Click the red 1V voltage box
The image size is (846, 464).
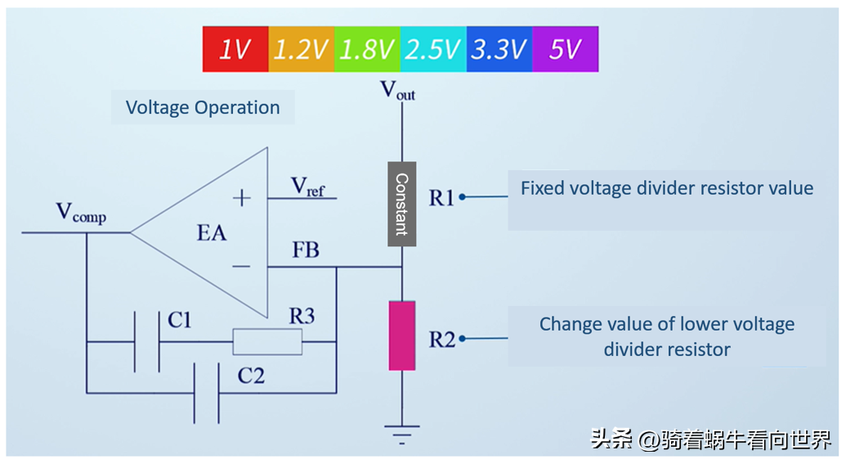tap(235, 49)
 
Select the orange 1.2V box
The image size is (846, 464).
tap(301, 49)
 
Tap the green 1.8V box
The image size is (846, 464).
tap(367, 49)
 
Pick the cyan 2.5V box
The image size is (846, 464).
tap(433, 49)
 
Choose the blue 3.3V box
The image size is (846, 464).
tap(499, 49)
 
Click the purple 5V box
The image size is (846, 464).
tap(565, 49)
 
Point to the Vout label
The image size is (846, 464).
tap(398, 90)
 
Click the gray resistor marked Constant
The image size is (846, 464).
tap(401, 204)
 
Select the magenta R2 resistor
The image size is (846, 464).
tap(401, 336)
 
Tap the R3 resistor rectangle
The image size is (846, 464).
tap(267, 342)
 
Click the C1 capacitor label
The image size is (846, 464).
tap(180, 320)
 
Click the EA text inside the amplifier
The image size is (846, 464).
tap(212, 233)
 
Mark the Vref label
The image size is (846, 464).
tap(308, 187)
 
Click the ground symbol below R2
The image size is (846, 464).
tap(401, 432)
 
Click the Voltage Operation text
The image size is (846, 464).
tap(203, 107)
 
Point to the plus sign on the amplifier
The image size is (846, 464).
tap(242, 197)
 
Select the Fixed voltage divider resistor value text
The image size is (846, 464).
tap(667, 188)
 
